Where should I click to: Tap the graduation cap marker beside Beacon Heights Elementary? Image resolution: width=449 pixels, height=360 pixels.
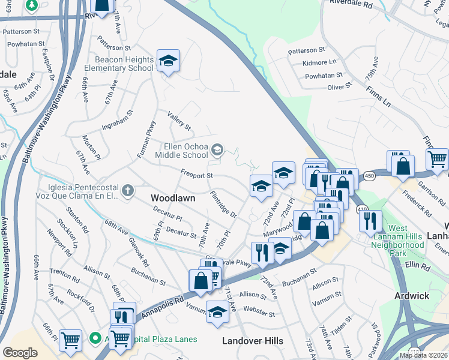click(x=169, y=61)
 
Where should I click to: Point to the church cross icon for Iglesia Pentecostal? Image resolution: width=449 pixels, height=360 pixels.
click(x=127, y=191)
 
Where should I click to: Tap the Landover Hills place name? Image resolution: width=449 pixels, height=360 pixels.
click(x=253, y=341)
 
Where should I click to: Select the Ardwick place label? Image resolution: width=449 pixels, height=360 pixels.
click(x=412, y=296)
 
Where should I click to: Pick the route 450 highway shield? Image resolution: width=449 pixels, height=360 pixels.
click(x=369, y=175)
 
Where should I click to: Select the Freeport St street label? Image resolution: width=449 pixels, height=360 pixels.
click(x=197, y=175)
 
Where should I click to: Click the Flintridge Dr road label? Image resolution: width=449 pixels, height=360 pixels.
click(x=224, y=205)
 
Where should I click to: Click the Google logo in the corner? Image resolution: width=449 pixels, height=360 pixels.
click(x=20, y=353)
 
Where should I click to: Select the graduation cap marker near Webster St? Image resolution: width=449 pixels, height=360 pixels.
click(x=217, y=311)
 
